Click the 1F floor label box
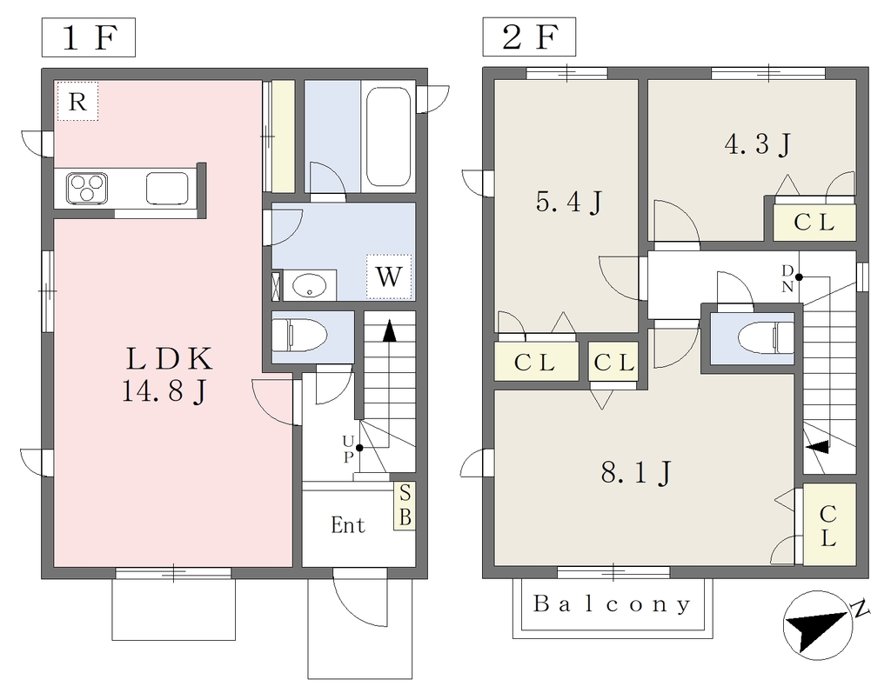[88, 38]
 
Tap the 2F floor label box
[528, 38]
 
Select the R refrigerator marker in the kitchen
[77, 102]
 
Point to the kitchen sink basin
[164, 187]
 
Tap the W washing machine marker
[388, 277]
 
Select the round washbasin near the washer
[311, 284]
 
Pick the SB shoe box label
[405, 506]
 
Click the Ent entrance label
[348, 525]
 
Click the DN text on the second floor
[787, 277]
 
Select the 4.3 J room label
[757, 144]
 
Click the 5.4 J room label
[569, 203]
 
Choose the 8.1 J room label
[635, 472]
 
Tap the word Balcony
[613, 603]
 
